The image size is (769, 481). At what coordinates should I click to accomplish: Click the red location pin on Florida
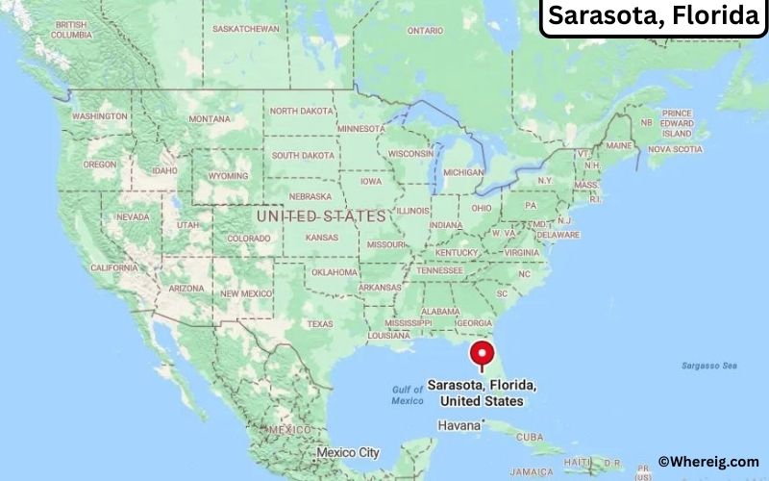point(482,355)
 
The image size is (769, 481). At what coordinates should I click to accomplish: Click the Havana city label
point(459,424)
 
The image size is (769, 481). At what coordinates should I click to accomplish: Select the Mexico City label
point(349,451)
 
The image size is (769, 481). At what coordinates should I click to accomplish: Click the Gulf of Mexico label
point(408,394)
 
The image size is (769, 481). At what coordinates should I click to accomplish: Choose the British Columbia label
point(71,30)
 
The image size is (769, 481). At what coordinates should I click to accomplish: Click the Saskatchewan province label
point(245,29)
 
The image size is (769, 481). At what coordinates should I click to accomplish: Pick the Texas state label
point(319,324)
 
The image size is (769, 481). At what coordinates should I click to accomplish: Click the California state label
point(113,267)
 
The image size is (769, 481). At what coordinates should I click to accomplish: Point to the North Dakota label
point(301,111)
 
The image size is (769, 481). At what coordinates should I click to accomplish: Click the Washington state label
point(99,116)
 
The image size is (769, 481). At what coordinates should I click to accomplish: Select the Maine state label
point(619,145)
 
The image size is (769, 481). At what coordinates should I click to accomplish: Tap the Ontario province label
point(425,30)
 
